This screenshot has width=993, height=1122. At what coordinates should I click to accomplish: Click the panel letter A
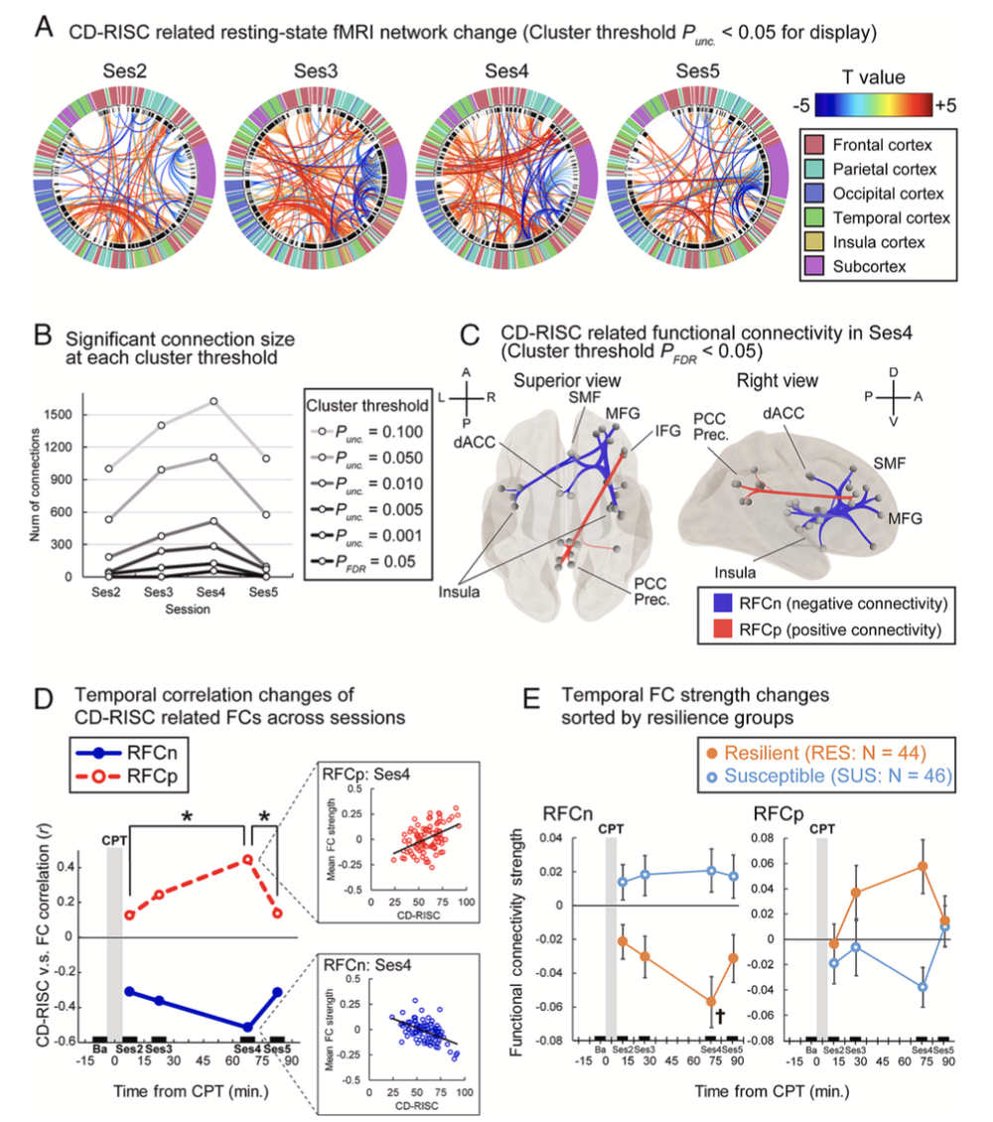click(x=43, y=27)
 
